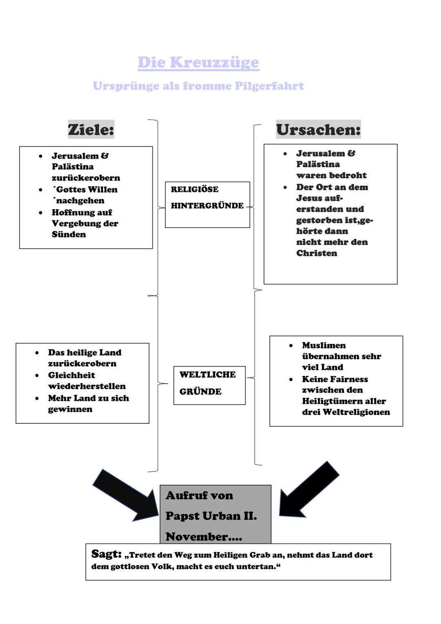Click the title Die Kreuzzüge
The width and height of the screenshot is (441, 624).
point(198,63)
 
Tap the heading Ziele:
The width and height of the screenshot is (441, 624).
point(91,130)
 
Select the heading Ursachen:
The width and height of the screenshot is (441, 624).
point(318,130)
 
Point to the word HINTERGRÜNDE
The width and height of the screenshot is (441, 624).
point(207,206)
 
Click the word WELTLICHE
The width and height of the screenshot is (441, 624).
point(207,375)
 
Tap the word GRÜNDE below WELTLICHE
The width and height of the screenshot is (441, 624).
point(200,391)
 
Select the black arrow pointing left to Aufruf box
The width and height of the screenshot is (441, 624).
point(308,490)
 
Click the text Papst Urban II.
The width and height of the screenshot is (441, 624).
point(211,516)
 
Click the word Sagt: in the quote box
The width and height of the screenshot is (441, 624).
point(106,554)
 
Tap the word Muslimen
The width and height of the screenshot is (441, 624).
point(324,345)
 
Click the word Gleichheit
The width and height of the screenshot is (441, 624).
point(71,375)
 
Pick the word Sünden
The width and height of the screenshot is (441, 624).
point(69,235)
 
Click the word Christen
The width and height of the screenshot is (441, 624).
point(316,253)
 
